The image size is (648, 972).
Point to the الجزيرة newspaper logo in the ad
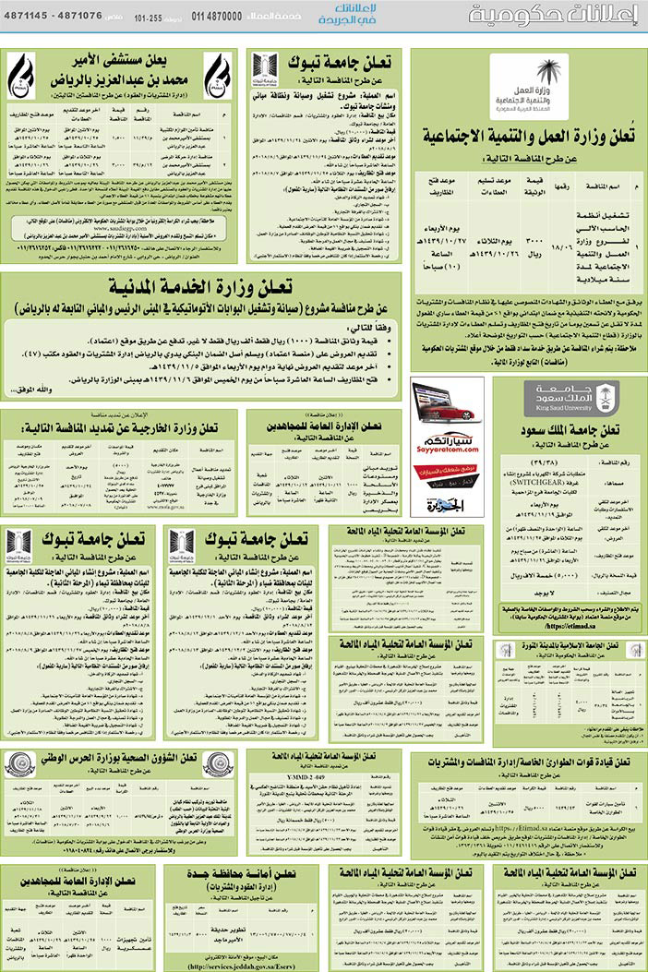pos(447,505)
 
